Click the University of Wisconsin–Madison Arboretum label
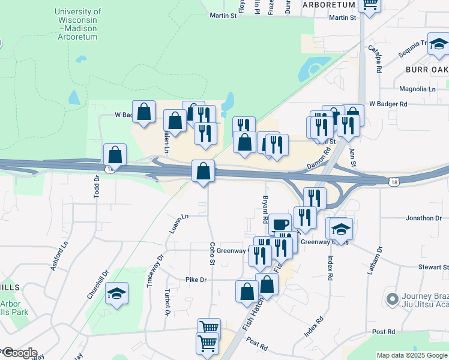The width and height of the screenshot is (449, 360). (x=77, y=24)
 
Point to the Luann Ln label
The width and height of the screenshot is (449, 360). (x=178, y=224)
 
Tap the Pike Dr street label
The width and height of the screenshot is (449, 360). (x=196, y=280)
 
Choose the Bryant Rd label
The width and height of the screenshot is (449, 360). (x=264, y=209)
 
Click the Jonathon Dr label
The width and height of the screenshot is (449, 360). (x=423, y=218)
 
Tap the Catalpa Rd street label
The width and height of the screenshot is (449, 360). (x=375, y=59)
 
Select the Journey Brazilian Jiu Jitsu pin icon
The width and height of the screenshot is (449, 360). (x=393, y=298)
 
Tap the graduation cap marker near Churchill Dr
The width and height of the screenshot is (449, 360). (x=117, y=293)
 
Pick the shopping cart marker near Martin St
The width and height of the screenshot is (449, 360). (x=370, y=5)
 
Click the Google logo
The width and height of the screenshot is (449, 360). (x=19, y=353)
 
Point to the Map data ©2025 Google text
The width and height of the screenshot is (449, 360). (x=412, y=355)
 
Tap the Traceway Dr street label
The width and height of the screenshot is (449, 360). (x=155, y=271)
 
